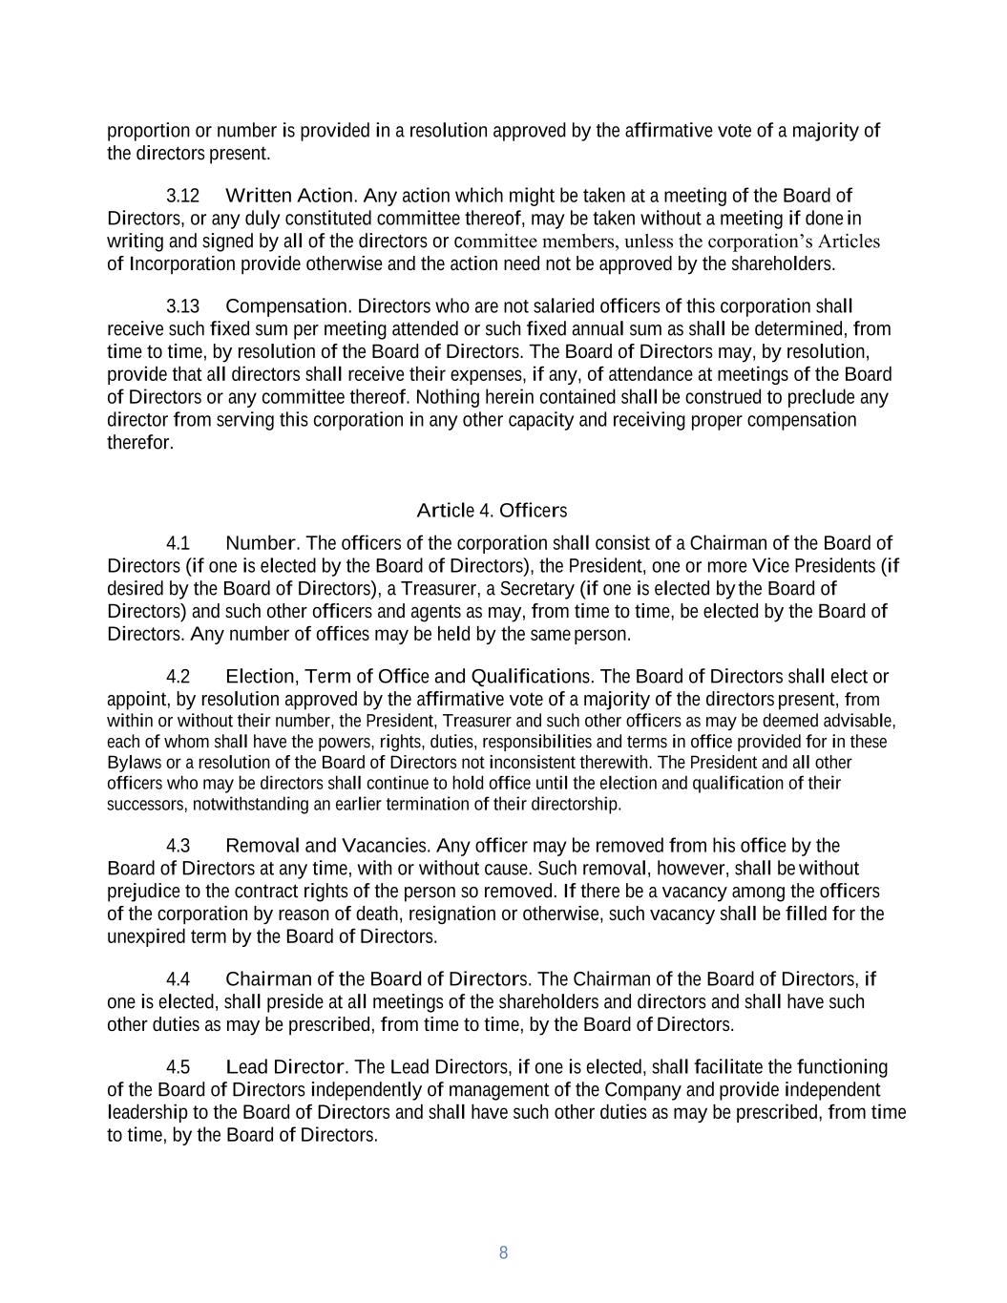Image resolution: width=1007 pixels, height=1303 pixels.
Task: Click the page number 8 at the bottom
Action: (503, 1252)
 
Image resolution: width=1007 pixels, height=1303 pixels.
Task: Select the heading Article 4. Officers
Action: (492, 511)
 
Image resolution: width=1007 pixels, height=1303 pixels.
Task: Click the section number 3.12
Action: (182, 196)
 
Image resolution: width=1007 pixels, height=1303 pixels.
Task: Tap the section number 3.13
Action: (182, 306)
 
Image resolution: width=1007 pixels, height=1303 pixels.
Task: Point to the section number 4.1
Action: (178, 544)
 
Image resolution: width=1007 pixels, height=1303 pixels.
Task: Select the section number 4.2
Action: (178, 677)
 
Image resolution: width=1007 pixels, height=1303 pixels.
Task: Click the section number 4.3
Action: (178, 846)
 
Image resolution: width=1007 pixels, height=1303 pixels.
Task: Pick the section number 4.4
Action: (178, 979)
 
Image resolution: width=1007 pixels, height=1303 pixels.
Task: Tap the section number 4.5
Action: (178, 1067)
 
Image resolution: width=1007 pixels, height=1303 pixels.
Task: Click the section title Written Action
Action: (290, 196)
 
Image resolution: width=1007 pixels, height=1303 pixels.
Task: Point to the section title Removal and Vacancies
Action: (325, 846)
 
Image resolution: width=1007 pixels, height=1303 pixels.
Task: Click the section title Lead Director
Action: (283, 1067)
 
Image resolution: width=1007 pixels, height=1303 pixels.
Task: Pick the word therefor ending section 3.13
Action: (139, 443)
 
